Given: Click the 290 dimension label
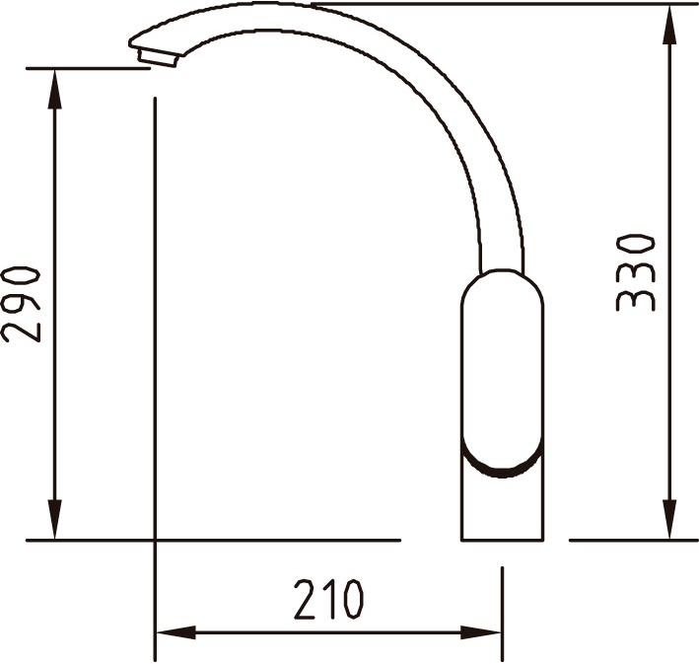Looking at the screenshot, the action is click(21, 305).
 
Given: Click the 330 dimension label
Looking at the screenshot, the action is click(635, 273).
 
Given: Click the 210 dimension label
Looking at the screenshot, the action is click(329, 599).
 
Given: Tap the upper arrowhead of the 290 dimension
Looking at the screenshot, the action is click(54, 89).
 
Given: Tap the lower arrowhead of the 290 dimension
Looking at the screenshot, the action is click(54, 519).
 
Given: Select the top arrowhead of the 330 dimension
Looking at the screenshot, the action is click(669, 25).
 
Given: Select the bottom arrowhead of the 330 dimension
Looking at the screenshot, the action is click(669, 519).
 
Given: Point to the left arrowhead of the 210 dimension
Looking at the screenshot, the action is click(175, 631).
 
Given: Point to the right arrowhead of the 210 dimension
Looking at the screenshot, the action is click(481, 631).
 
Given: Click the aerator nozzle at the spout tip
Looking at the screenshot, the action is click(159, 58).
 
